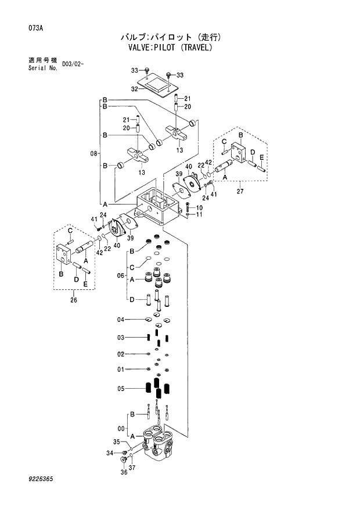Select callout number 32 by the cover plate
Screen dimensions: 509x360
[x=134, y=89]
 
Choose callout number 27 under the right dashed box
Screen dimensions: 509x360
[x=239, y=191]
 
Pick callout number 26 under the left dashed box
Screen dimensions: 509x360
[x=73, y=300]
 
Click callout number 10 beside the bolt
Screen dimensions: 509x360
[x=199, y=208]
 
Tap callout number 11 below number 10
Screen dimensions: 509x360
[x=199, y=215]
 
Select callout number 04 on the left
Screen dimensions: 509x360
[x=121, y=319]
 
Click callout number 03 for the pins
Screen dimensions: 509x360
[x=121, y=337]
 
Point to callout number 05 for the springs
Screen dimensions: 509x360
[x=121, y=389]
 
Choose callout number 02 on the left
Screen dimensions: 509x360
[x=121, y=354]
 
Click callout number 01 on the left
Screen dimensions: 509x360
[x=121, y=370]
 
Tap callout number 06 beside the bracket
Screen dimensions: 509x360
[x=121, y=275]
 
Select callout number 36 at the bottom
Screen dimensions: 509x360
[x=123, y=472]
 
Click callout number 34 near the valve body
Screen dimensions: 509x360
[x=109, y=453]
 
